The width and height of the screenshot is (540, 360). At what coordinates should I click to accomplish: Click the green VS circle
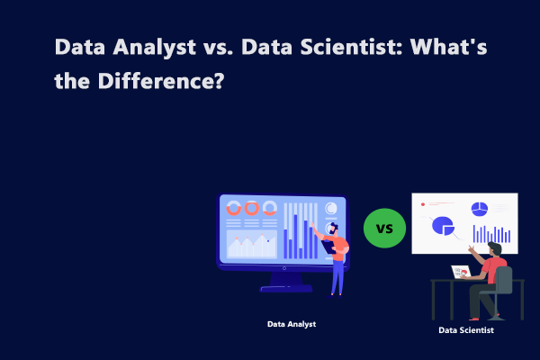(x=384, y=228)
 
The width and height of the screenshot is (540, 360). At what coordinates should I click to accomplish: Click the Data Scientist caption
(x=466, y=330)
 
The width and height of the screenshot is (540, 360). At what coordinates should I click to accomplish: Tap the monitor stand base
(x=285, y=288)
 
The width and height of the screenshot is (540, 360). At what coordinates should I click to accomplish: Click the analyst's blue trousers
(x=337, y=274)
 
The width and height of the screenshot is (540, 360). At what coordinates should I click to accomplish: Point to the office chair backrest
(x=502, y=280)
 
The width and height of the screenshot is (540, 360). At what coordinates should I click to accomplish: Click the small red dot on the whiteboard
(x=422, y=205)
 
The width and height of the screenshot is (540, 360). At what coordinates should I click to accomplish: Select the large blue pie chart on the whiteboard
(x=443, y=225)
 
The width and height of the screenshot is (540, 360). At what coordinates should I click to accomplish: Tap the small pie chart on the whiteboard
(x=480, y=208)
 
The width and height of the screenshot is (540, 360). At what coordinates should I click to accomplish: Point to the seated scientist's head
(x=494, y=247)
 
